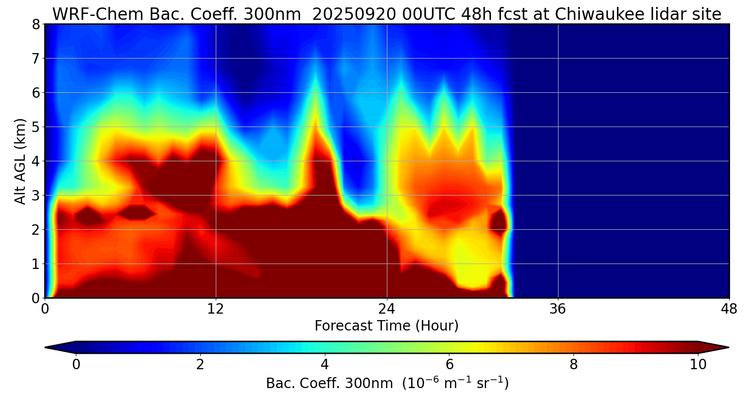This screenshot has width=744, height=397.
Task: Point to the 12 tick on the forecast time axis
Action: (216, 309)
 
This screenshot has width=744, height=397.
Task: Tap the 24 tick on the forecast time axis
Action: (387, 309)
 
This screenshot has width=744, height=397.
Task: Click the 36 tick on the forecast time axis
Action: (558, 309)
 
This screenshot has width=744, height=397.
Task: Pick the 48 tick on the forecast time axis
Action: (729, 309)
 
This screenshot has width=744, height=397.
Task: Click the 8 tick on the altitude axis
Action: (36, 24)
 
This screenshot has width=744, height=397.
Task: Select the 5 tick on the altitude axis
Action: (36, 127)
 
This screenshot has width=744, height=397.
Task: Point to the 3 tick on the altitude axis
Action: (36, 196)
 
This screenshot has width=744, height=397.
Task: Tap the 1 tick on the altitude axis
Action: (36, 264)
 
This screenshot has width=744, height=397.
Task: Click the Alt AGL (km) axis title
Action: (20, 161)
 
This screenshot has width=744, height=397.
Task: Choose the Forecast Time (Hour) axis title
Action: (386, 326)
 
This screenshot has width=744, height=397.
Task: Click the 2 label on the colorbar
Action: (200, 365)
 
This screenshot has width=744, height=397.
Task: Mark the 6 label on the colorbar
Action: (449, 365)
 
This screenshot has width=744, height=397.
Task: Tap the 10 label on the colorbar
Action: (698, 365)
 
